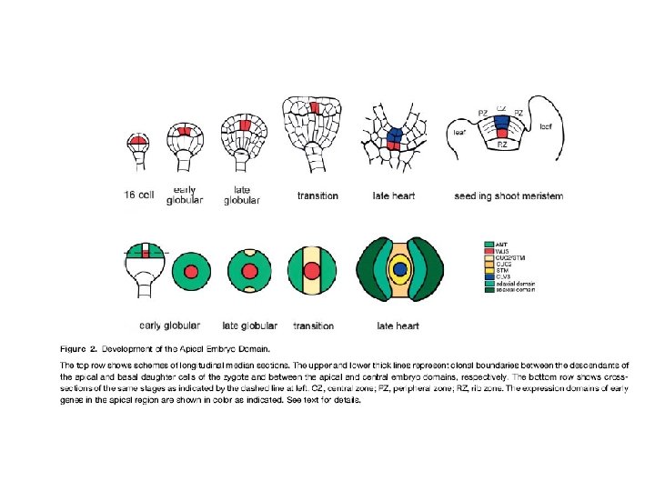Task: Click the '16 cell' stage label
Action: (139, 195)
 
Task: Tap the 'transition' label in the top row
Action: (317, 195)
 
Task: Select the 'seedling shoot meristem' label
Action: (508, 195)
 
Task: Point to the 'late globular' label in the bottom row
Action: (250, 325)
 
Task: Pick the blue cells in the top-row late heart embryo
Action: (394, 136)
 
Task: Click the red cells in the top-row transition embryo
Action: (313, 108)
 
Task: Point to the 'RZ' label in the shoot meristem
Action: (501, 145)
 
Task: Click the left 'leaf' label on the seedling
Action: (460, 133)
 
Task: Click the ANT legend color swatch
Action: (489, 244)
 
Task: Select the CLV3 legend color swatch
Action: (489, 276)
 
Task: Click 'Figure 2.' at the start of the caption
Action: (79, 348)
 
